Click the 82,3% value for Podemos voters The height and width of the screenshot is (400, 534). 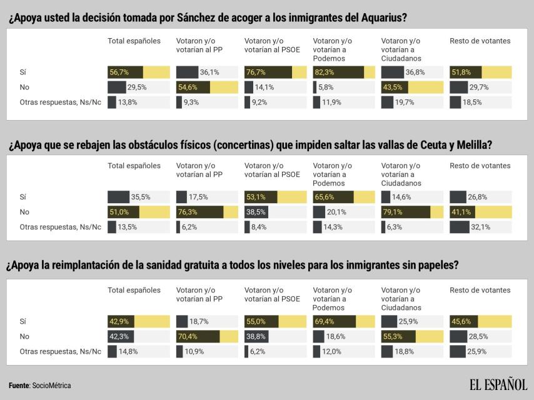(324, 72)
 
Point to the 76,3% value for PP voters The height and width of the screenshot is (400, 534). (187, 212)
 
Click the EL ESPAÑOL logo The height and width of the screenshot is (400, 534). (498, 384)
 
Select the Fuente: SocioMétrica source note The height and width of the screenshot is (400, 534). (40, 386)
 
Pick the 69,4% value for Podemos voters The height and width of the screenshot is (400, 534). (324, 321)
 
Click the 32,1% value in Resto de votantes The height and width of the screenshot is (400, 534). (481, 227)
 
